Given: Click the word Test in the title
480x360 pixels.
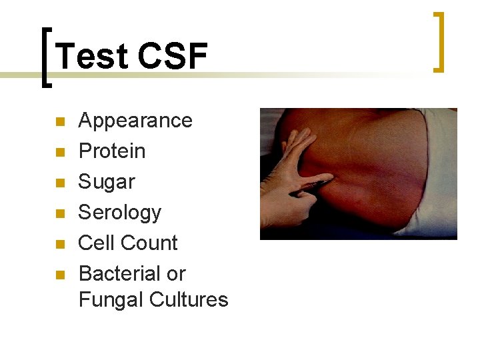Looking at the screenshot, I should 90,56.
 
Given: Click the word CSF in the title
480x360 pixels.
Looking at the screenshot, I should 172,56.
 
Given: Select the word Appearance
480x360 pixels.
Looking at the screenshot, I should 135,121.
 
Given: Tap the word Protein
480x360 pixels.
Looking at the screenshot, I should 112,151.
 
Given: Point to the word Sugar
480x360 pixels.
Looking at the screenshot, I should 107,182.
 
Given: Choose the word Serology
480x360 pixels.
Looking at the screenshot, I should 120,213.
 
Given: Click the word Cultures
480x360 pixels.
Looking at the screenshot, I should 189,300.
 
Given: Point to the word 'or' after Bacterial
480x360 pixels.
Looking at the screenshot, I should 177,274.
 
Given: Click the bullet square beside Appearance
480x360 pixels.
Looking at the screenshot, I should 59,122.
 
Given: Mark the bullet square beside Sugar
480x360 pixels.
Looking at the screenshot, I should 59,183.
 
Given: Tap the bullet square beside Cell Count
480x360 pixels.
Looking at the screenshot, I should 59,244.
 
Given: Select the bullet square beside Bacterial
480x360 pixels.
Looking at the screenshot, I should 59,275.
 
